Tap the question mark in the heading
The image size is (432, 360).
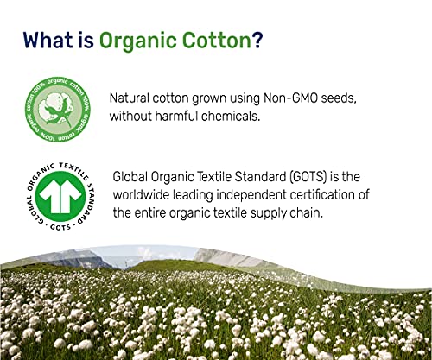pos(257,40)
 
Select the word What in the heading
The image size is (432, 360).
pos(48,40)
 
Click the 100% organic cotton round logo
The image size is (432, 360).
pos(58,110)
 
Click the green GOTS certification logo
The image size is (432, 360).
pos(60,196)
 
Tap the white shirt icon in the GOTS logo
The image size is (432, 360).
pos(60,193)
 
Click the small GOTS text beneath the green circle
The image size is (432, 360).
pos(60,227)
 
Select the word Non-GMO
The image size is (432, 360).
pos(290,98)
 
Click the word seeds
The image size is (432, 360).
pos(339,98)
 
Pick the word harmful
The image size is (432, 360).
pos(176,117)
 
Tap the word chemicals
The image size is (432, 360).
pos(231,117)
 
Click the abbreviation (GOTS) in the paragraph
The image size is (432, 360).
pos(308,176)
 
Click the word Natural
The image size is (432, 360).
pos(130,98)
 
